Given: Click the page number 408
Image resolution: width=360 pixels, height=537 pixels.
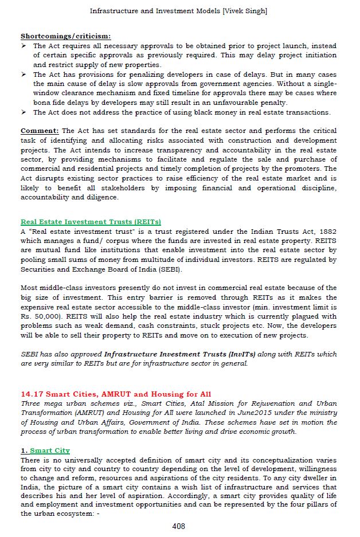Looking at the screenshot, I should coord(179,526).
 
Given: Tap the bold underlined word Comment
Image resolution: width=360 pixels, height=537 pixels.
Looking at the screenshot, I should coord(40,131).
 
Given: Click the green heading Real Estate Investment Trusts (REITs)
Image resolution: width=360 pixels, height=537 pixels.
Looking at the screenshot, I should coord(91,222).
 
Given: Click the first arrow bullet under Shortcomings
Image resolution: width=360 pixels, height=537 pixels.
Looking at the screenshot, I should coord(24,46).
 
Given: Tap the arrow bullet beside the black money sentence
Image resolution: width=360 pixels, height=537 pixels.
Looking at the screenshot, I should coord(24,112).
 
